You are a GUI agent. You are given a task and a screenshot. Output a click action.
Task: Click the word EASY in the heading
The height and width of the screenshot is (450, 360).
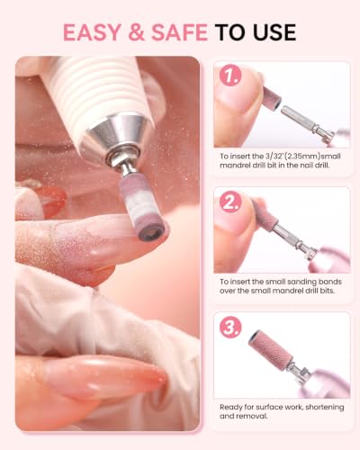tap(92, 32)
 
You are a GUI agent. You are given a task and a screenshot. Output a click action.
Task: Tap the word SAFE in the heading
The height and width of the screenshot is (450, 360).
tap(179, 32)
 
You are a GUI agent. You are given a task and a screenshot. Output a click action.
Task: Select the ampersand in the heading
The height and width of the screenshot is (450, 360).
tap(136, 32)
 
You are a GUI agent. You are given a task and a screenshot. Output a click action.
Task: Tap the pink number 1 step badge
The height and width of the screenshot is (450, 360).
tap(230, 75)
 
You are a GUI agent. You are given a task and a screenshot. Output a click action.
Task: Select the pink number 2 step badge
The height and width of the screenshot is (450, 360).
tap(230, 202)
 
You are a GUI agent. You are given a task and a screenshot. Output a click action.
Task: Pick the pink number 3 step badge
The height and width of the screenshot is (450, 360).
tap(230, 327)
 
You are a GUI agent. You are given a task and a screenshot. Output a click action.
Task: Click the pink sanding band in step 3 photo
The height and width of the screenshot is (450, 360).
tap(271, 347)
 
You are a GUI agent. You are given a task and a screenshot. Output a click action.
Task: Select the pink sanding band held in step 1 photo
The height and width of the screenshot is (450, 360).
tap(272, 97)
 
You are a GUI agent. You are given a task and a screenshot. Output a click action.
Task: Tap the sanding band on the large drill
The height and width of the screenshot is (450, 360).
tap(142, 208)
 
